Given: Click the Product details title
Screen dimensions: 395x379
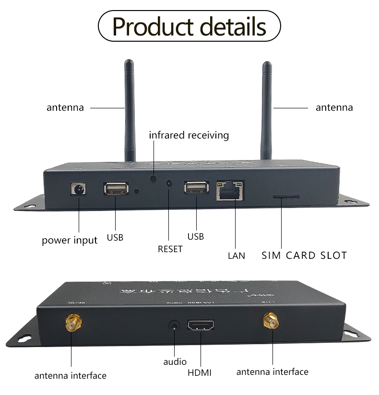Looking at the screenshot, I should point(189,27).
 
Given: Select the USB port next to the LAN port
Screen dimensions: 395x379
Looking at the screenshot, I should point(196,187).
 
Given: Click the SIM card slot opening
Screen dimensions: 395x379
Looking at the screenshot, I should point(286,197).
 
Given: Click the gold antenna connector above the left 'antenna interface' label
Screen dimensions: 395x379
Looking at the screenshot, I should point(73,323).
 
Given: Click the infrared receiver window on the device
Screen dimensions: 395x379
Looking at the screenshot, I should point(154,178).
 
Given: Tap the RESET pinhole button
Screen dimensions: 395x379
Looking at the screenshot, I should point(169,183).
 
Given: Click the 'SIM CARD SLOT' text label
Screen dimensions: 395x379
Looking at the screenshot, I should point(304,255).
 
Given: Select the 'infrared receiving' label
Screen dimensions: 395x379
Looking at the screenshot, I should point(189,135).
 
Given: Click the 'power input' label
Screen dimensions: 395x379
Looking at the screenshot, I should point(70,240).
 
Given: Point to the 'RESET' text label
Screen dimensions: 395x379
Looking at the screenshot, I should point(170,249).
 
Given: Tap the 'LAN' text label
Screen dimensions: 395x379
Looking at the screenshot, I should point(236,256).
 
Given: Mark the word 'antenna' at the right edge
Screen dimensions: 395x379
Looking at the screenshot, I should point(334,107).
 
